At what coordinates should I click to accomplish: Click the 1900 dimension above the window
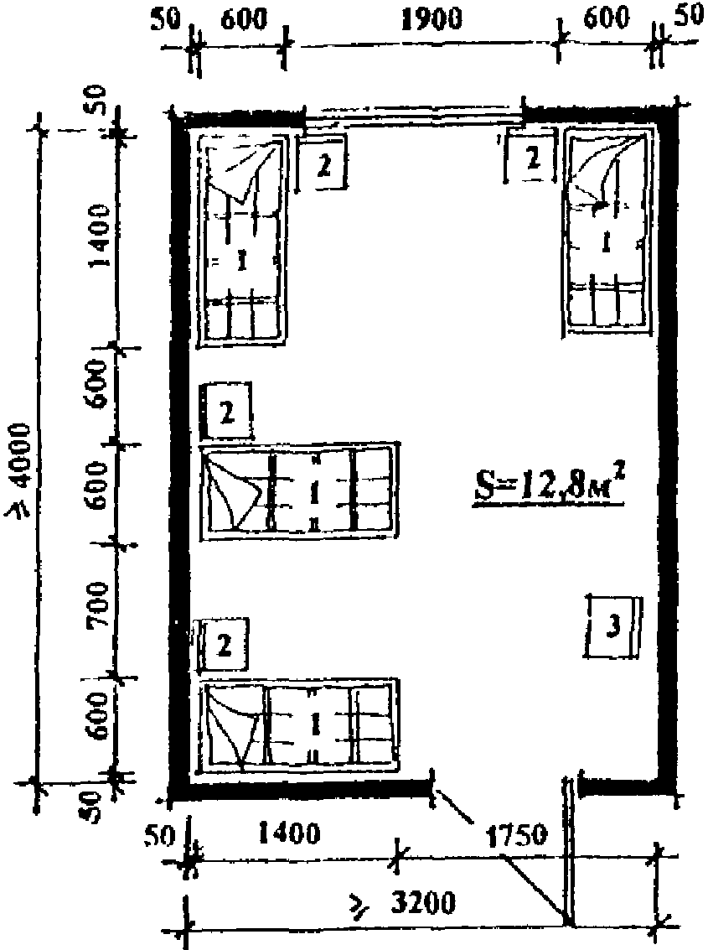coord(432,19)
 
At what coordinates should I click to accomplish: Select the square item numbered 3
coord(613,627)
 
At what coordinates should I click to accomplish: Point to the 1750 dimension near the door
coord(517,837)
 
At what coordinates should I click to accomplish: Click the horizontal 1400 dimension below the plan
coord(289,834)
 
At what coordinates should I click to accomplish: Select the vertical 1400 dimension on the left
coord(99,236)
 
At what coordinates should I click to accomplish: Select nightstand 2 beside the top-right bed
coord(530,156)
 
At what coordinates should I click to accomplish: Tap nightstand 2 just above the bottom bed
coord(224,645)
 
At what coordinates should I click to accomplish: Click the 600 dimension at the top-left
coord(244,19)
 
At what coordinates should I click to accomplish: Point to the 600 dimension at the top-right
coord(607,18)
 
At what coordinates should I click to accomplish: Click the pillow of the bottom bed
coord(235,726)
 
